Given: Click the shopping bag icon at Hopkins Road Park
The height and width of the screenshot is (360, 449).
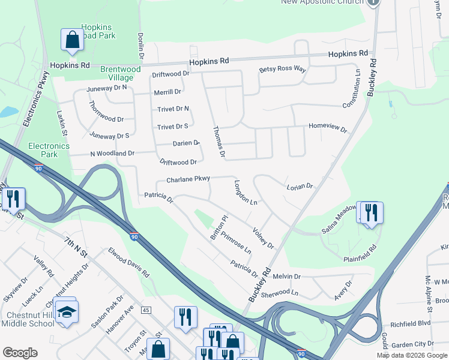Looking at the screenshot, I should click(x=72, y=40).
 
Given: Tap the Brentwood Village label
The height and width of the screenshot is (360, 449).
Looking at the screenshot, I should click(x=120, y=74).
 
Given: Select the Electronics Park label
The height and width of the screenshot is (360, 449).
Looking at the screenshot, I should click(x=49, y=150).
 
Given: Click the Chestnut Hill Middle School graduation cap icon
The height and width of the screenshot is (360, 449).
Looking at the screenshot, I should click(x=65, y=311).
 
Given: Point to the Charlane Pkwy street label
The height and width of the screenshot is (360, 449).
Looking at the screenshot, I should click(x=188, y=179).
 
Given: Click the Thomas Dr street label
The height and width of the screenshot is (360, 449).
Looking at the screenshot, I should click(x=218, y=143).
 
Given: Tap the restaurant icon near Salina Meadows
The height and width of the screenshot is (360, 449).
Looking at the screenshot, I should click(x=370, y=212).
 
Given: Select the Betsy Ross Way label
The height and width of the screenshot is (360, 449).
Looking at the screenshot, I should click(x=283, y=70).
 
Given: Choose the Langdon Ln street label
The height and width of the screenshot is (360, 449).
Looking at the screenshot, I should click(x=246, y=193).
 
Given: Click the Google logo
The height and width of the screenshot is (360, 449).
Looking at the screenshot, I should click(x=20, y=353).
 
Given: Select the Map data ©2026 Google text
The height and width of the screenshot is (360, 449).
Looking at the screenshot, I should click(x=412, y=355).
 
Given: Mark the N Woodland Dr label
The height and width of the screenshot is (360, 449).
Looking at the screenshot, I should click(x=112, y=154).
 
